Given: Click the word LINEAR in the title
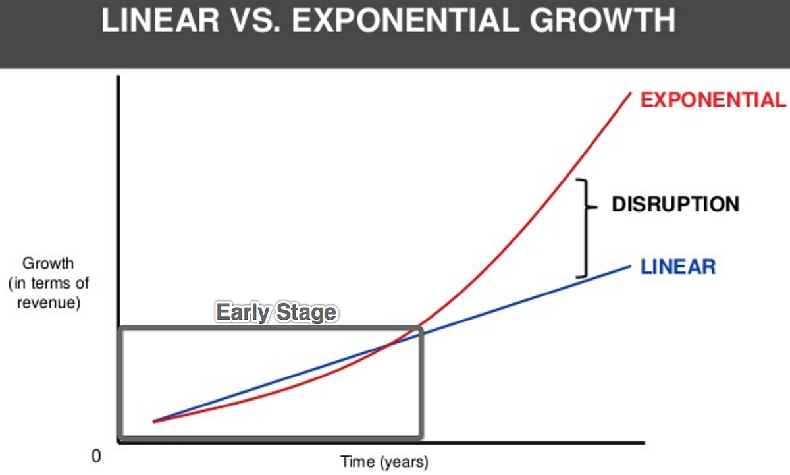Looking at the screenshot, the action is tap(161, 20).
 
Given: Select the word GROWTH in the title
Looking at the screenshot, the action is tap(602, 20).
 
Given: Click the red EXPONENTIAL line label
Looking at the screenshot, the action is tap(714, 99).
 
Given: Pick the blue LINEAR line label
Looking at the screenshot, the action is tap(678, 267).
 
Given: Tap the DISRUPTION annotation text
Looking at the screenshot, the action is tap(675, 204).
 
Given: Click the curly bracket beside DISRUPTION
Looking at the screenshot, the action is tap(587, 229).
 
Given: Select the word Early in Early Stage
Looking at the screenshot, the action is tap(243, 313).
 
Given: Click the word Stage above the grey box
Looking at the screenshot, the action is tap(306, 313).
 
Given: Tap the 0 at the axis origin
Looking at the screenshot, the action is tap(96, 456).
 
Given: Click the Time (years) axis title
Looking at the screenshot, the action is tap(384, 462).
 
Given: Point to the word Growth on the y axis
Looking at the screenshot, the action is tap(48, 264).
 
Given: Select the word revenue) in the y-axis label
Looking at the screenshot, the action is tap(49, 303).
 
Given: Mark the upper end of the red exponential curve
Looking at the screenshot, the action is tap(630, 93).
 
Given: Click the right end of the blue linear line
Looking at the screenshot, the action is tap(630, 266).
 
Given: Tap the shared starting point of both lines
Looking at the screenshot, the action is tap(154, 422).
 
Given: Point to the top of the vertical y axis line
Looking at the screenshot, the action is tap(118, 76).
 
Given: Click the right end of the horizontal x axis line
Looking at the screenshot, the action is tap(645, 443).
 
